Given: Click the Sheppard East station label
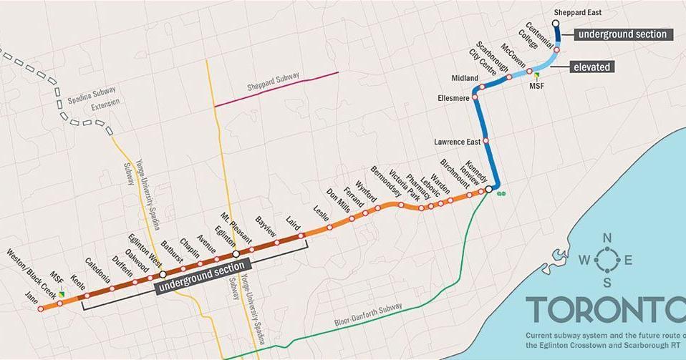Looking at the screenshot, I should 578,12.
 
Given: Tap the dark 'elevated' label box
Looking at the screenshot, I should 592,67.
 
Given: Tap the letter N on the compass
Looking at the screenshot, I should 607,238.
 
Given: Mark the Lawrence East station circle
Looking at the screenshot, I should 486,142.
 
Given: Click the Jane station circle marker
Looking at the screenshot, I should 41,309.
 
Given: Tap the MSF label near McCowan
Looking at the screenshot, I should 536,85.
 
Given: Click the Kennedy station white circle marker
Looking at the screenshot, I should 488,189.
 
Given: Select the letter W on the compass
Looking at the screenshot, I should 582,261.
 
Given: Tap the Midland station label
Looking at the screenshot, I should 465,77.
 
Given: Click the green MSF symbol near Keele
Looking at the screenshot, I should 62,293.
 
